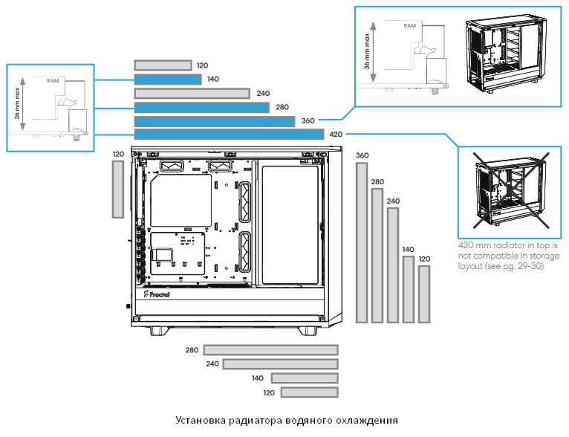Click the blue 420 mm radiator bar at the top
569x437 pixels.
tap(229, 135)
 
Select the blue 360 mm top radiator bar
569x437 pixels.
tap(215, 120)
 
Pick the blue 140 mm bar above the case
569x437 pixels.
tap(168, 79)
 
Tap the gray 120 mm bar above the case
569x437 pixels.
tap(163, 65)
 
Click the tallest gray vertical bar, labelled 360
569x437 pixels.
tap(362, 242)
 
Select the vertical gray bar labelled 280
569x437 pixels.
tap(377, 256)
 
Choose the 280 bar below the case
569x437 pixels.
tap(270, 350)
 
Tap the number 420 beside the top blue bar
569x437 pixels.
tap(336, 135)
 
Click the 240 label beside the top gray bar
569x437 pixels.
tap(262, 94)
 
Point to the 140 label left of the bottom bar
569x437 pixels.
tap(258, 378)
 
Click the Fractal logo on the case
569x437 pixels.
tap(156, 294)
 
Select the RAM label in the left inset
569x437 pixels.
tap(53, 80)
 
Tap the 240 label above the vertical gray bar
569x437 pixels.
tap(393, 201)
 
